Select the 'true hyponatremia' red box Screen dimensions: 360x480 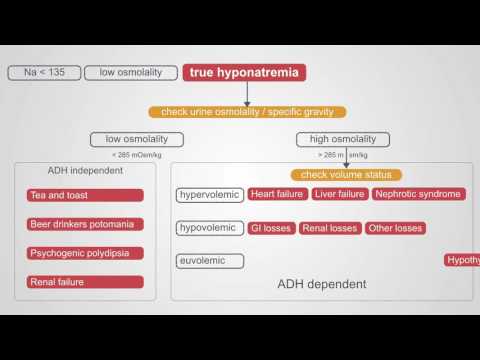point(244,72)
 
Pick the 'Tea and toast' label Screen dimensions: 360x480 point(85,195)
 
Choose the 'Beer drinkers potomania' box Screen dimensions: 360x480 point(85,224)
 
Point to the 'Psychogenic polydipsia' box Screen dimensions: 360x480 point(85,253)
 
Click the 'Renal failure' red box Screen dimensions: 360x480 point(85,282)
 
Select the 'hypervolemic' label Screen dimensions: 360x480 point(208,194)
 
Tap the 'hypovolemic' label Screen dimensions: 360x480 point(208,228)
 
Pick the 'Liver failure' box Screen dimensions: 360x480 point(338,194)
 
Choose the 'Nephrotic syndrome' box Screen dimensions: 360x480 point(418,194)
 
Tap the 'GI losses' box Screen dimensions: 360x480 point(269,228)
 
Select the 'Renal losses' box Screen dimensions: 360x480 point(328,228)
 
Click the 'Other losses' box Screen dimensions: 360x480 point(395,228)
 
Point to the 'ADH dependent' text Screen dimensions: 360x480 point(322,285)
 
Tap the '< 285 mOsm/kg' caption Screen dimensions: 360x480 point(137,156)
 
